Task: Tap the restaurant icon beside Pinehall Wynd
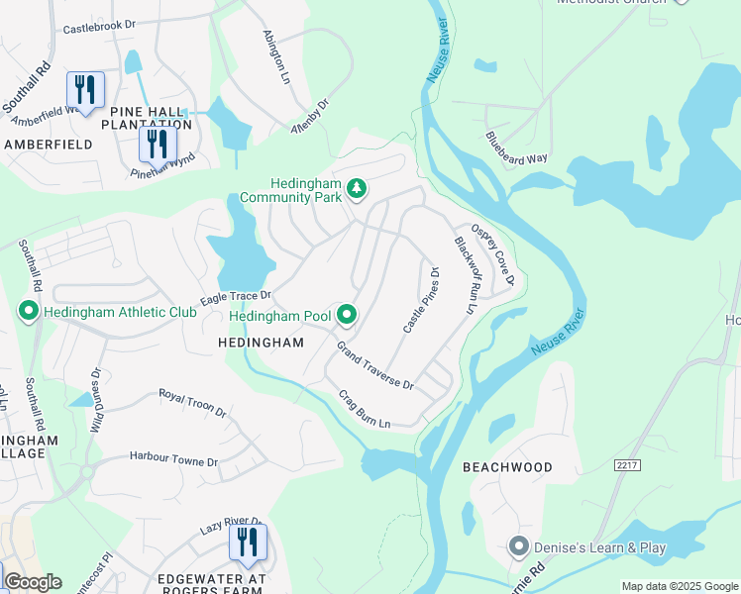coord(158,144)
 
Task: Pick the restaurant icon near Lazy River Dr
coord(247,542)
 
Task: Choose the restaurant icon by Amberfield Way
coord(85,90)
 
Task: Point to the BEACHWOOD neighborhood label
coord(506,466)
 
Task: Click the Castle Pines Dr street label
coord(420,299)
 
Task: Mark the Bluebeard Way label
coord(516,148)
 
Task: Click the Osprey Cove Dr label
coord(493,253)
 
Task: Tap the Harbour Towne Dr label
coord(173,460)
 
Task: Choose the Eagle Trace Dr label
coord(235,296)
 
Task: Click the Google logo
coord(32,582)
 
